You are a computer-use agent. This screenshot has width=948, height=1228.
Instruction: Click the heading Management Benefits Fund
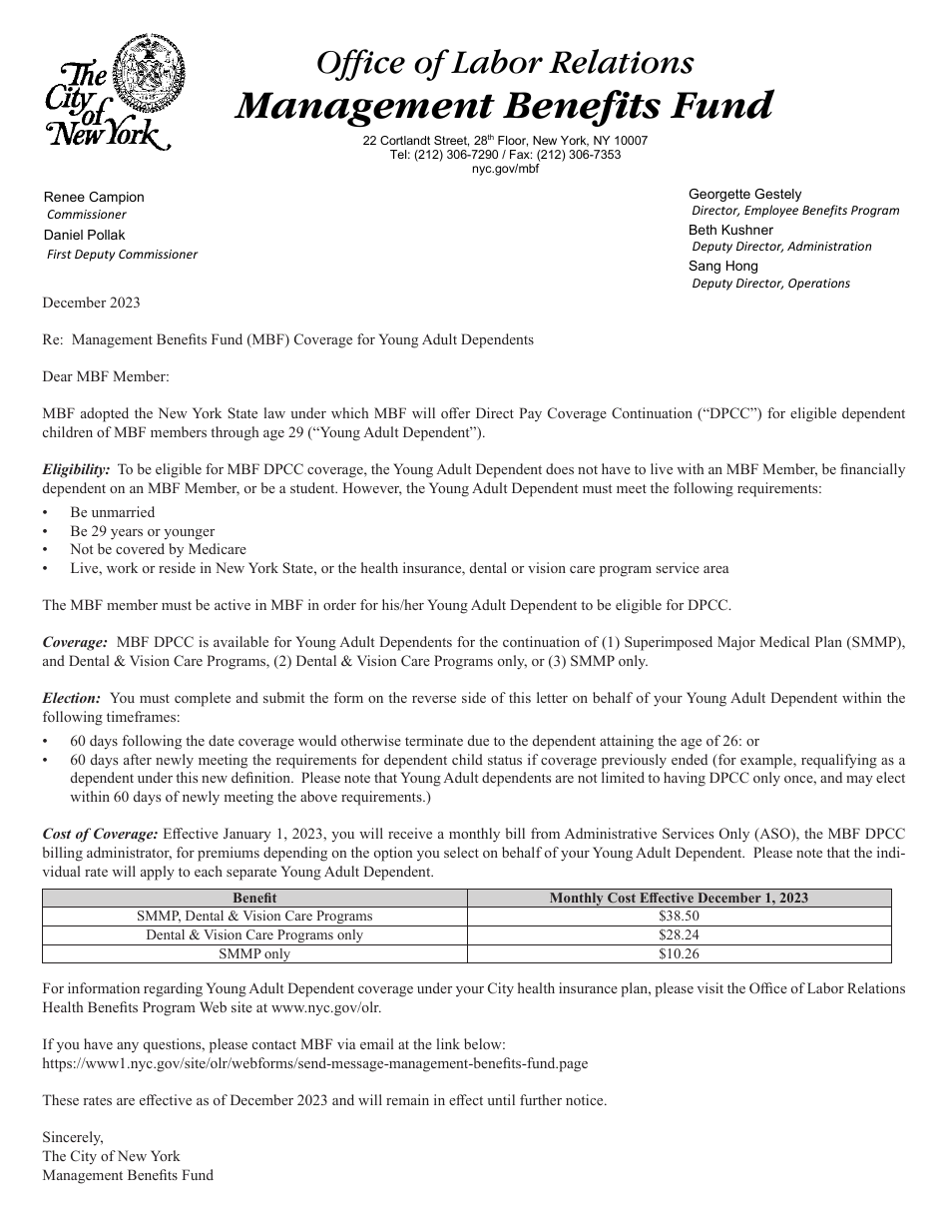pyautogui.click(x=504, y=105)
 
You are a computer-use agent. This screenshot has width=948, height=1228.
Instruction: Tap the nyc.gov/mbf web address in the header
pyautogui.click(x=504, y=169)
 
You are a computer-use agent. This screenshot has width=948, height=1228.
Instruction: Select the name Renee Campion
pyautogui.click(x=94, y=197)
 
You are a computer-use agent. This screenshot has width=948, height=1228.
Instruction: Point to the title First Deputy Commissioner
pyautogui.click(x=122, y=254)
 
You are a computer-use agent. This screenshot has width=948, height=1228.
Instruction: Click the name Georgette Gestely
pyautogui.click(x=744, y=194)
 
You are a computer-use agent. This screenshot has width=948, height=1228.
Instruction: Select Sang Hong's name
pyautogui.click(x=722, y=266)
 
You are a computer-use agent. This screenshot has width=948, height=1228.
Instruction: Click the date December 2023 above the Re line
pyautogui.click(x=91, y=303)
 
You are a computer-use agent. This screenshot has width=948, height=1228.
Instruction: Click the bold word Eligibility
pyautogui.click(x=76, y=468)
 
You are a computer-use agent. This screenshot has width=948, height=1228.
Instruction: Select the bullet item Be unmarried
pyautogui.click(x=112, y=512)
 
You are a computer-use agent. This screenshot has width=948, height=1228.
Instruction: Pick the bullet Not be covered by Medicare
pyautogui.click(x=158, y=549)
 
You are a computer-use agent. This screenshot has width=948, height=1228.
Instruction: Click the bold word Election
pyautogui.click(x=72, y=698)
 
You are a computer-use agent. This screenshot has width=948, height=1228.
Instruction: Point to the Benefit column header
pyautogui.click(x=254, y=898)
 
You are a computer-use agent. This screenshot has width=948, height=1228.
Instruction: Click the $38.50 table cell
pyautogui.click(x=679, y=916)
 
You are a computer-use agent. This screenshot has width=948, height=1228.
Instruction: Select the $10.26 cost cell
pyautogui.click(x=679, y=953)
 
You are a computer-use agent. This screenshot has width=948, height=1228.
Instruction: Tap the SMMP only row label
pyautogui.click(x=254, y=953)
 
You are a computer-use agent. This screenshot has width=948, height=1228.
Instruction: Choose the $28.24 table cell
pyautogui.click(x=679, y=934)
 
